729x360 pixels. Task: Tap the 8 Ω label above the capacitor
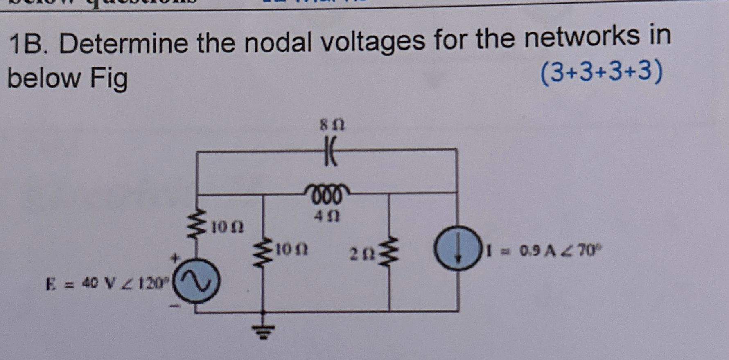(x=332, y=125)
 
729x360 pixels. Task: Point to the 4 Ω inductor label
(x=327, y=216)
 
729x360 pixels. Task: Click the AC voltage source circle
(x=196, y=282)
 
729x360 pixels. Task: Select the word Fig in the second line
(x=108, y=79)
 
